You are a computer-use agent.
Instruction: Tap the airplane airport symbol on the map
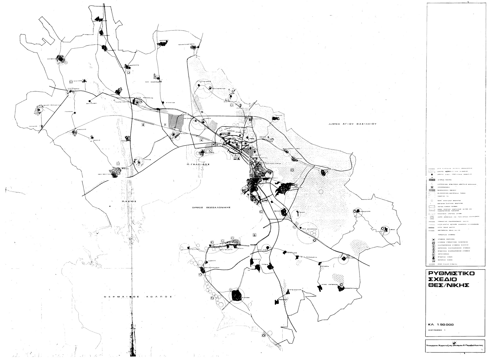click(x=254, y=235)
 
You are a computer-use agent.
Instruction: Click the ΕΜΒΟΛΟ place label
click(x=212, y=260)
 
